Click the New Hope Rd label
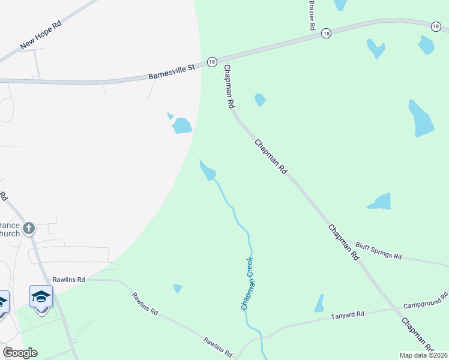click(x=41, y=35)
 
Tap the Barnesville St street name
click(x=172, y=73)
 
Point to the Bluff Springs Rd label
click(x=378, y=251)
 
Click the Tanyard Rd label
click(x=348, y=314)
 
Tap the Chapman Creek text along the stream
click(x=247, y=283)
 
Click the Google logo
click(x=20, y=353)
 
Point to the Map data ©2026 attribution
click(x=423, y=355)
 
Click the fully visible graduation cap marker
click(x=41, y=296)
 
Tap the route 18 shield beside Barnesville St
click(x=212, y=62)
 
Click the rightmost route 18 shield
click(x=436, y=26)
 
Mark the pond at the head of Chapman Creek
click(x=208, y=170)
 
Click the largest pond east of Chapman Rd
click(x=421, y=118)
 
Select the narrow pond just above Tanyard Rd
click(x=319, y=304)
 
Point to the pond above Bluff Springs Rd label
click(x=380, y=202)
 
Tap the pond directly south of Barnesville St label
click(x=181, y=125)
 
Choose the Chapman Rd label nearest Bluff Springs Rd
click(x=343, y=241)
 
